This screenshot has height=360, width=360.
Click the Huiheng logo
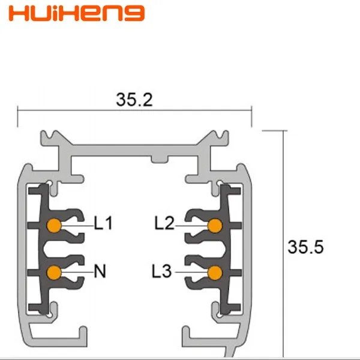77,13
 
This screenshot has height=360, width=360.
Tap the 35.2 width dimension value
134,100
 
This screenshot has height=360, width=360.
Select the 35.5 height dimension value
305,247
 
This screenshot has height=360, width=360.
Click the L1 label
103,223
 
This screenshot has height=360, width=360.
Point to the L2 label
164,223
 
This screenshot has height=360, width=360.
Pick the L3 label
161,271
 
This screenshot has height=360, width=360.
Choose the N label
100,271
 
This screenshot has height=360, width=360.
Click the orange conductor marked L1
54,226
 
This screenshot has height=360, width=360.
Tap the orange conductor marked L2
215,226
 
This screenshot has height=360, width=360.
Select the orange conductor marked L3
215,273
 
